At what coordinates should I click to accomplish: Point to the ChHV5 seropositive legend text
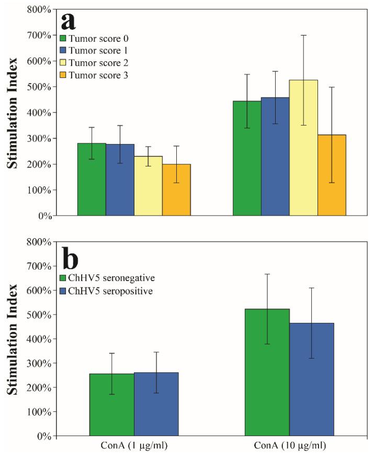(110, 290)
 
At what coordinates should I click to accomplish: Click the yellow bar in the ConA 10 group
(303, 148)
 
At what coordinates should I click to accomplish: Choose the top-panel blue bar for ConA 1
(120, 180)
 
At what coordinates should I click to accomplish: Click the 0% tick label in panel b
(46, 436)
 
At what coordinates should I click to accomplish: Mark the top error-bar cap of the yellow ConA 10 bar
(303, 35)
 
